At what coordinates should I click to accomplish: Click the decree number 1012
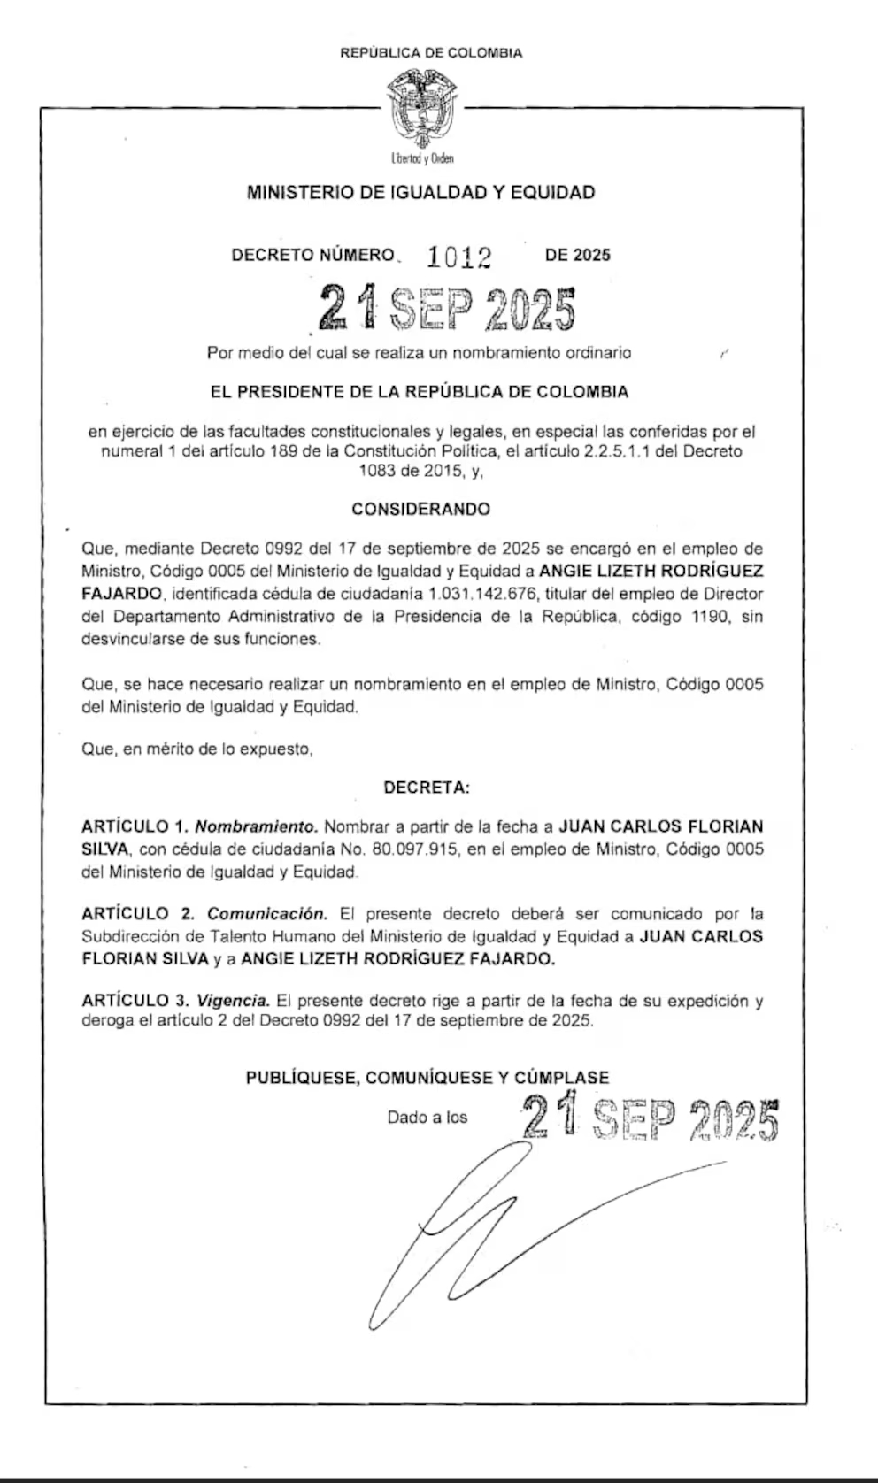pyautogui.click(x=458, y=257)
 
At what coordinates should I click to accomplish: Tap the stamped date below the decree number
pyautogui.click(x=447, y=309)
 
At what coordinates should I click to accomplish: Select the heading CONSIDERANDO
pyautogui.click(x=420, y=509)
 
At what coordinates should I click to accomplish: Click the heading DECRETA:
pyautogui.click(x=427, y=787)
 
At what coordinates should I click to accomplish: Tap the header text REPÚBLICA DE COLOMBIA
pyautogui.click(x=431, y=53)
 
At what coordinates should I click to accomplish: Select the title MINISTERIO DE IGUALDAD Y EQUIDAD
pyautogui.click(x=420, y=192)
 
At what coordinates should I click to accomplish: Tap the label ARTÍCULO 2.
pyautogui.click(x=137, y=913)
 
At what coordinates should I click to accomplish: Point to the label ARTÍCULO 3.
pyautogui.click(x=135, y=1001)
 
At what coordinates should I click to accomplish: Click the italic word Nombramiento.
pyautogui.click(x=256, y=826)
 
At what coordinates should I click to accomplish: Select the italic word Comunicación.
pyautogui.click(x=267, y=913)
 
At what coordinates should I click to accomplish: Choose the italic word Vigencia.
pyautogui.click(x=233, y=1001)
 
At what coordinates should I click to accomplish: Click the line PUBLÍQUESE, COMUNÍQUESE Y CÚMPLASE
pyautogui.click(x=427, y=1077)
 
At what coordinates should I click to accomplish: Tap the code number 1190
pyautogui.click(x=711, y=617)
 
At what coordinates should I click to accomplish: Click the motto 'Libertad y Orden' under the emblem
pyautogui.click(x=423, y=158)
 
